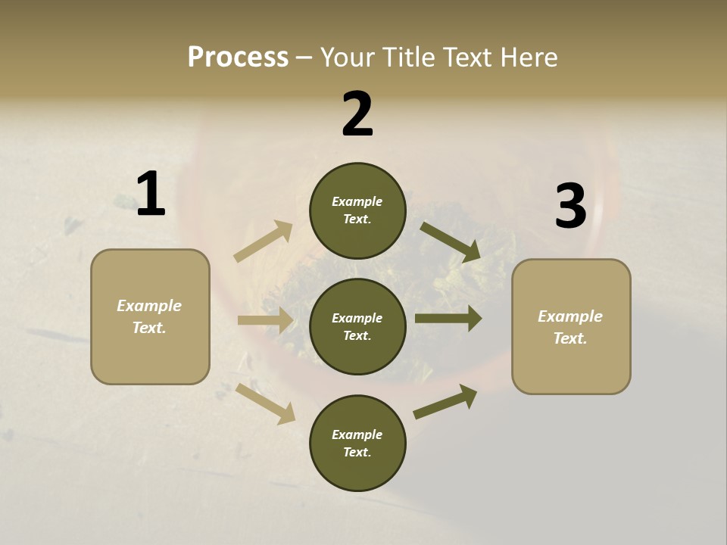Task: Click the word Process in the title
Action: pyautogui.click(x=238, y=57)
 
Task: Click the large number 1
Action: pyautogui.click(x=151, y=195)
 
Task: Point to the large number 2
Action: pyautogui.click(x=357, y=114)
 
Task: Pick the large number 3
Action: pyautogui.click(x=570, y=206)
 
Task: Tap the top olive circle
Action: pyautogui.click(x=357, y=210)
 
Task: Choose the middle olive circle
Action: pyautogui.click(x=357, y=326)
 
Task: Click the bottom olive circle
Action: pyautogui.click(x=357, y=443)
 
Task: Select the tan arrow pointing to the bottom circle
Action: pyautogui.click(x=266, y=403)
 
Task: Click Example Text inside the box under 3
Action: pyautogui.click(x=570, y=327)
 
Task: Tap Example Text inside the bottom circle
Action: pyautogui.click(x=357, y=443)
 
